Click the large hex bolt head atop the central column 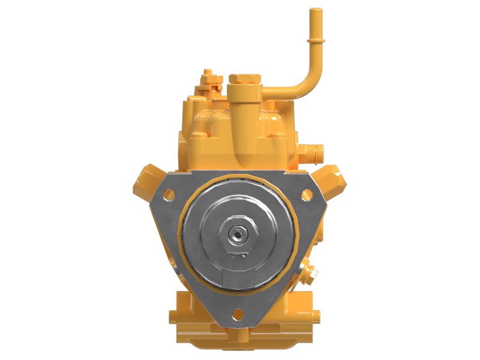(x=245, y=79)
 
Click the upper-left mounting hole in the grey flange (x=169, y=194)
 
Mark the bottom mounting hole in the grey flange (x=237, y=313)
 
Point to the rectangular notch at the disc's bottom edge (x=238, y=277)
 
